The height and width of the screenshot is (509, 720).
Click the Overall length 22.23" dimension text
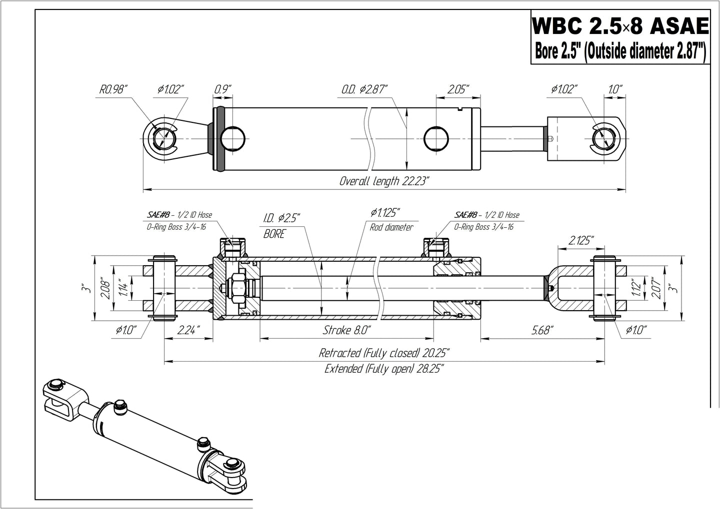pos(384,181)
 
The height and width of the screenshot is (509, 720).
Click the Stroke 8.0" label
pos(346,330)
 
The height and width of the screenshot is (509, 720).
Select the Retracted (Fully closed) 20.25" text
pos(384,353)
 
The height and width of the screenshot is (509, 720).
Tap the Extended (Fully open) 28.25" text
pos(384,369)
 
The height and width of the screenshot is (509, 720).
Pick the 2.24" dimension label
pos(188,330)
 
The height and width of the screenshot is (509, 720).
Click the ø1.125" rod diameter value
pos(386,213)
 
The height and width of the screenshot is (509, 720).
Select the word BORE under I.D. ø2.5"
pos(274,233)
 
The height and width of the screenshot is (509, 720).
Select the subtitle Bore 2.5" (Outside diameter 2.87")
pos(620,51)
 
